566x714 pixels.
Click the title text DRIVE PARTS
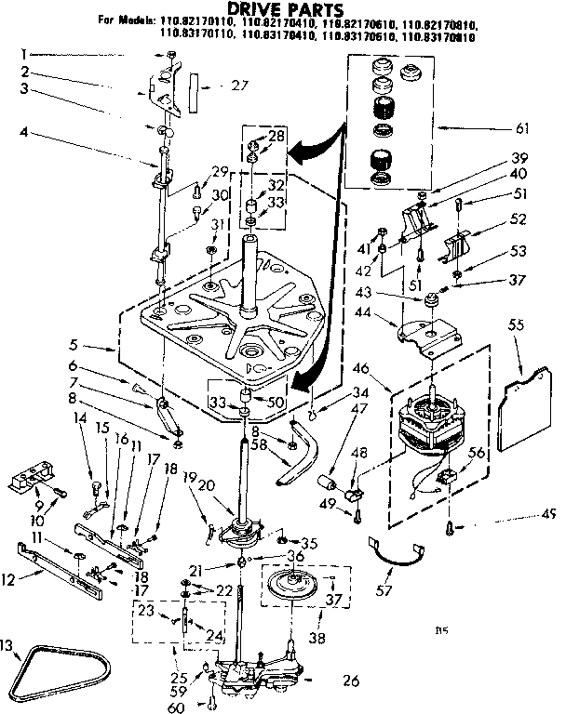(280, 10)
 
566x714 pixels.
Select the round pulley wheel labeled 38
(297, 588)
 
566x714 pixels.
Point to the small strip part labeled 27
(192, 89)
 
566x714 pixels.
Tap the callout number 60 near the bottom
(196, 705)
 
